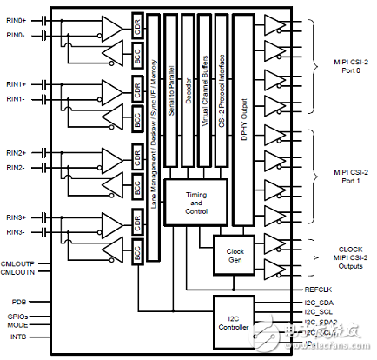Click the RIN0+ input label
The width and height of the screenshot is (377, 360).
click(17, 19)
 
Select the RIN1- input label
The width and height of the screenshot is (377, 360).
click(17, 100)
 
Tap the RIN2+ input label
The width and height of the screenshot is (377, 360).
click(17, 152)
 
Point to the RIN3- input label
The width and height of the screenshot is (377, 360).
click(17, 232)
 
